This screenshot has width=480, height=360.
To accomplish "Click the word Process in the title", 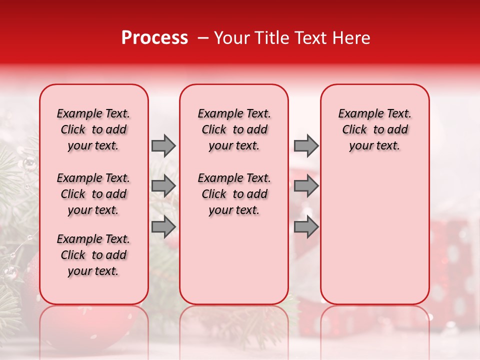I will [154, 38].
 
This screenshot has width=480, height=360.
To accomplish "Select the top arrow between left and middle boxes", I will [163, 145].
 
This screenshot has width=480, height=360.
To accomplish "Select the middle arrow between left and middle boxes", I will [163, 186].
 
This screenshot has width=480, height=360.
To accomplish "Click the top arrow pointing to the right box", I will [306, 145].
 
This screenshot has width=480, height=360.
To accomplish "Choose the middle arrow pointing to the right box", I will [306, 186].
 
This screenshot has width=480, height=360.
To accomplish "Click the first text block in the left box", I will [93, 129].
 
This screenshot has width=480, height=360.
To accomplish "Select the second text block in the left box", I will [93, 194].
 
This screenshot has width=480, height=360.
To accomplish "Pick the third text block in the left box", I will [93, 255].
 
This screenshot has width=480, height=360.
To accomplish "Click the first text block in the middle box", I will [234, 129].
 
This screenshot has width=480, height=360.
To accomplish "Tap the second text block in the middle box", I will [234, 194].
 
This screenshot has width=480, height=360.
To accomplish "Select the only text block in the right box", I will [375, 129].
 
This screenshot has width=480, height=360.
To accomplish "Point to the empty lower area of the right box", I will [375, 235].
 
